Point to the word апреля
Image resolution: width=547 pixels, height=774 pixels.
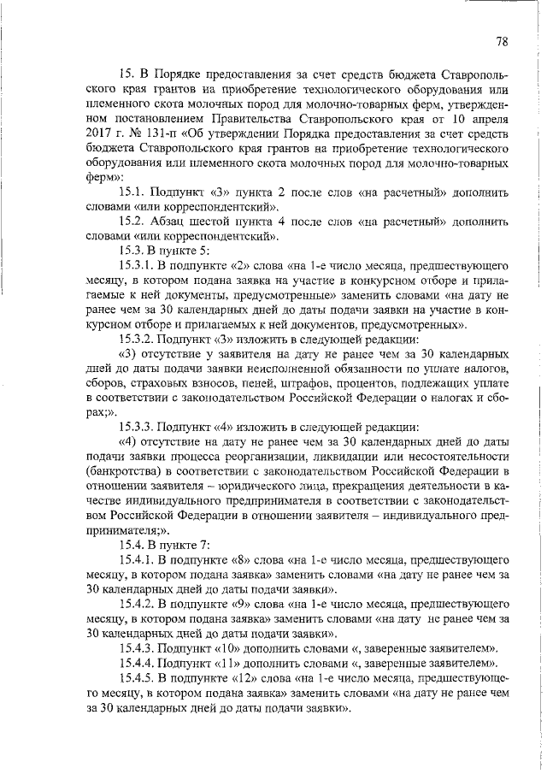click(487, 119)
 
